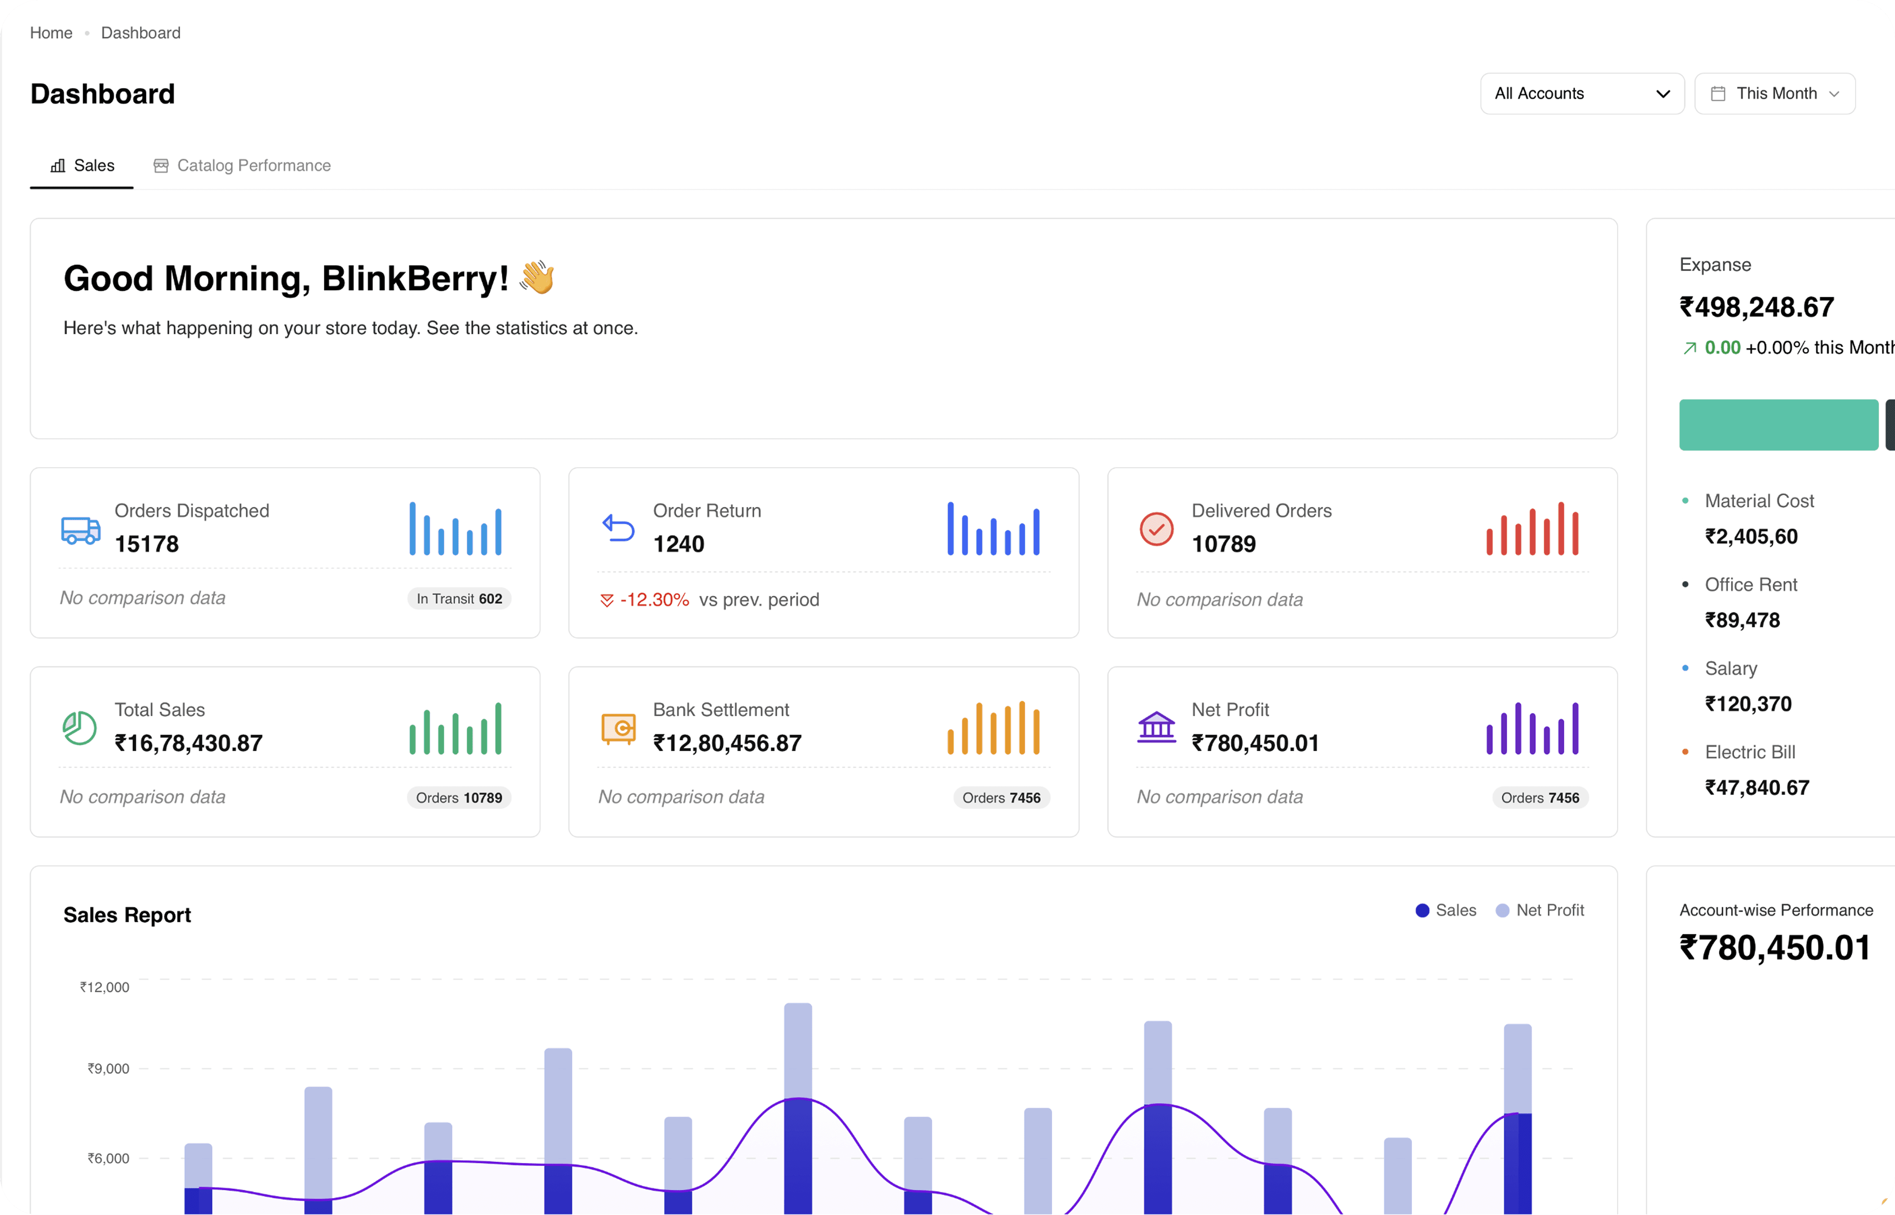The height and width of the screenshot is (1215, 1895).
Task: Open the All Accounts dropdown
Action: point(1582,94)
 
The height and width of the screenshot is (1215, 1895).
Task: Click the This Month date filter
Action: point(1774,94)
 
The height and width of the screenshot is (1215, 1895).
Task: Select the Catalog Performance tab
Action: point(242,166)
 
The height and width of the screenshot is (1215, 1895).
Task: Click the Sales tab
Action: point(82,166)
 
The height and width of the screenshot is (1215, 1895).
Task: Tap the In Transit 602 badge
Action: point(459,599)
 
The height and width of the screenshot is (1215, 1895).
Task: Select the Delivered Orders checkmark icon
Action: point(1156,529)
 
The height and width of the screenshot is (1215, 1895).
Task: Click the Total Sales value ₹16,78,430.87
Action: point(189,743)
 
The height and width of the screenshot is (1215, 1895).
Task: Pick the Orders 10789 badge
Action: point(459,797)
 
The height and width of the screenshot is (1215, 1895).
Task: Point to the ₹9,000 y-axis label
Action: point(108,1069)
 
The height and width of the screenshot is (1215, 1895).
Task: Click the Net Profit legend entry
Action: point(1540,911)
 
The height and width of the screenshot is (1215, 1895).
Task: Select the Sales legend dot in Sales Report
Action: point(1422,911)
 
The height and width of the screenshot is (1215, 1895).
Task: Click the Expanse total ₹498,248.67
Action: point(1757,308)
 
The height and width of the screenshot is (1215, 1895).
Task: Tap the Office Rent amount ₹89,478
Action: point(1743,620)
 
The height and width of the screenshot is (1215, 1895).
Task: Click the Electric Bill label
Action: point(1750,752)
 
